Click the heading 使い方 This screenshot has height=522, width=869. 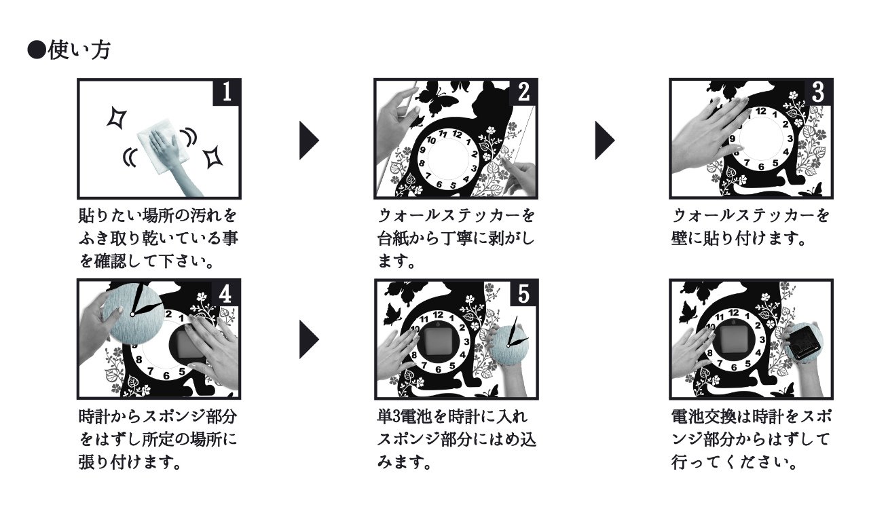coord(79,50)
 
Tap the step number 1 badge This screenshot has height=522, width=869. coord(227,92)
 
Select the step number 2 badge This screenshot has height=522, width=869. coord(523,92)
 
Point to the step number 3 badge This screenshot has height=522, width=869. coord(818,92)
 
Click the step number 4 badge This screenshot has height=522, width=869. coord(225,293)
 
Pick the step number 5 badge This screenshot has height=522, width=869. coord(523,293)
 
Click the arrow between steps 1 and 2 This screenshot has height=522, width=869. coord(309,141)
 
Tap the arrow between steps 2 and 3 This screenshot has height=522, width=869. coord(605,141)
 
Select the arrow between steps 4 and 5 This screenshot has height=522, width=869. coord(309,339)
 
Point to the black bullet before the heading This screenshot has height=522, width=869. coord(37,50)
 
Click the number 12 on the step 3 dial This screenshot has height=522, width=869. coord(761,111)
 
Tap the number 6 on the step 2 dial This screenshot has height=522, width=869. coord(439,185)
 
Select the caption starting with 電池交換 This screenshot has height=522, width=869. coord(751,439)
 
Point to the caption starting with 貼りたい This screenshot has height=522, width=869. coord(158,238)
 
